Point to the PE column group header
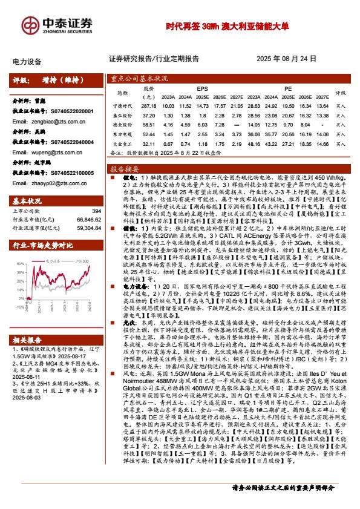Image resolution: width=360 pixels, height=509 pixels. (x=288, y=88)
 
